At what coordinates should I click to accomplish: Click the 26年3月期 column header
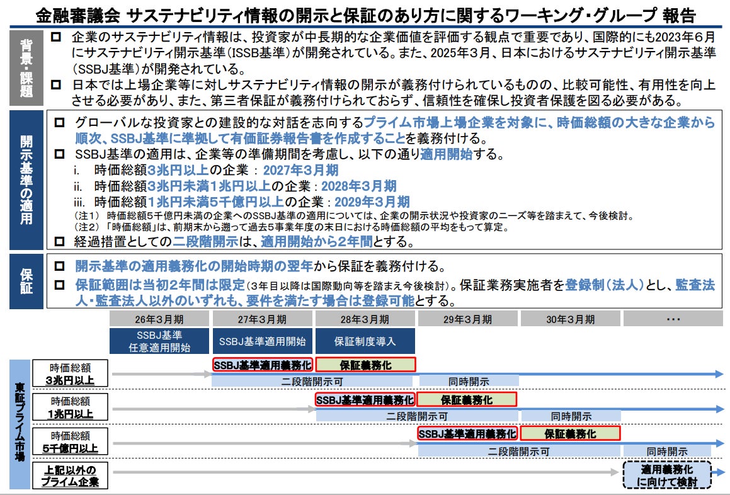(160, 319)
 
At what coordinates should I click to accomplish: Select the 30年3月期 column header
(571, 319)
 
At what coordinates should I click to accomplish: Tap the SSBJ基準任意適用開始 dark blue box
(160, 341)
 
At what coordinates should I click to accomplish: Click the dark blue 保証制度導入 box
(365, 341)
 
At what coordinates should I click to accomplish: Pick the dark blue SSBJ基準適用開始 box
(263, 341)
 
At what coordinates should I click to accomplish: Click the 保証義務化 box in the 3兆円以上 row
(365, 365)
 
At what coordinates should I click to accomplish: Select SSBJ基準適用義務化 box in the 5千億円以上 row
(467, 434)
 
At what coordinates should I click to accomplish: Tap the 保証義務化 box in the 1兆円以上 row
(467, 399)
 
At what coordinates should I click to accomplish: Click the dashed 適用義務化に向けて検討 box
(667, 475)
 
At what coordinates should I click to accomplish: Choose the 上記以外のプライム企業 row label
(71, 475)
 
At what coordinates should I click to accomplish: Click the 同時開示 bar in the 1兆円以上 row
(571, 416)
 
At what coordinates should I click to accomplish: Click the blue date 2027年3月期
(300, 170)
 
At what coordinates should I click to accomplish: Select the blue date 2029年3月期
(372, 202)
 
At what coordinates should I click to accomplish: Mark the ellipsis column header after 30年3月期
(673, 319)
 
